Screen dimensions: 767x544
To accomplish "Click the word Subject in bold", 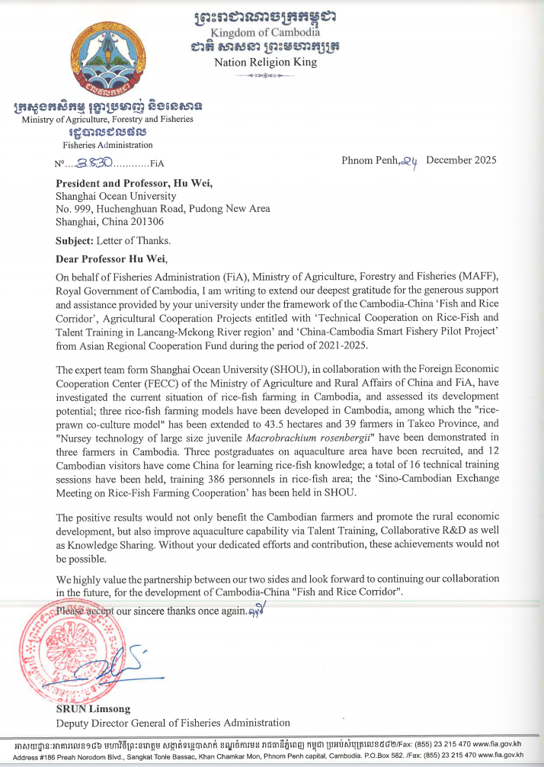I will pos(76,240).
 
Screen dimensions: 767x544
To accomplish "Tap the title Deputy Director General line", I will pos(173,723).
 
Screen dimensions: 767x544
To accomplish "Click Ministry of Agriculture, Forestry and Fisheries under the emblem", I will pos(107,119).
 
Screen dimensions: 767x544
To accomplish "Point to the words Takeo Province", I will pos(443,422).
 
